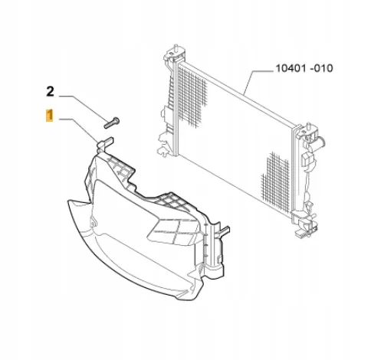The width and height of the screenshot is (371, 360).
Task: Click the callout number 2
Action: click(x=50, y=91)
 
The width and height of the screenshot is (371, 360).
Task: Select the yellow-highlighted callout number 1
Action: click(x=50, y=116)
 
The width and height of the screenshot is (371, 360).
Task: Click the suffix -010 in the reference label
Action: click(x=321, y=68)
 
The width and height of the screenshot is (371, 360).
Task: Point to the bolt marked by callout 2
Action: click(x=112, y=123)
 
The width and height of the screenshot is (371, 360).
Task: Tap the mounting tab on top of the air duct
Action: click(x=105, y=145)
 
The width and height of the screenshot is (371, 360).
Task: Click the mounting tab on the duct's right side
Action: click(x=224, y=231)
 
